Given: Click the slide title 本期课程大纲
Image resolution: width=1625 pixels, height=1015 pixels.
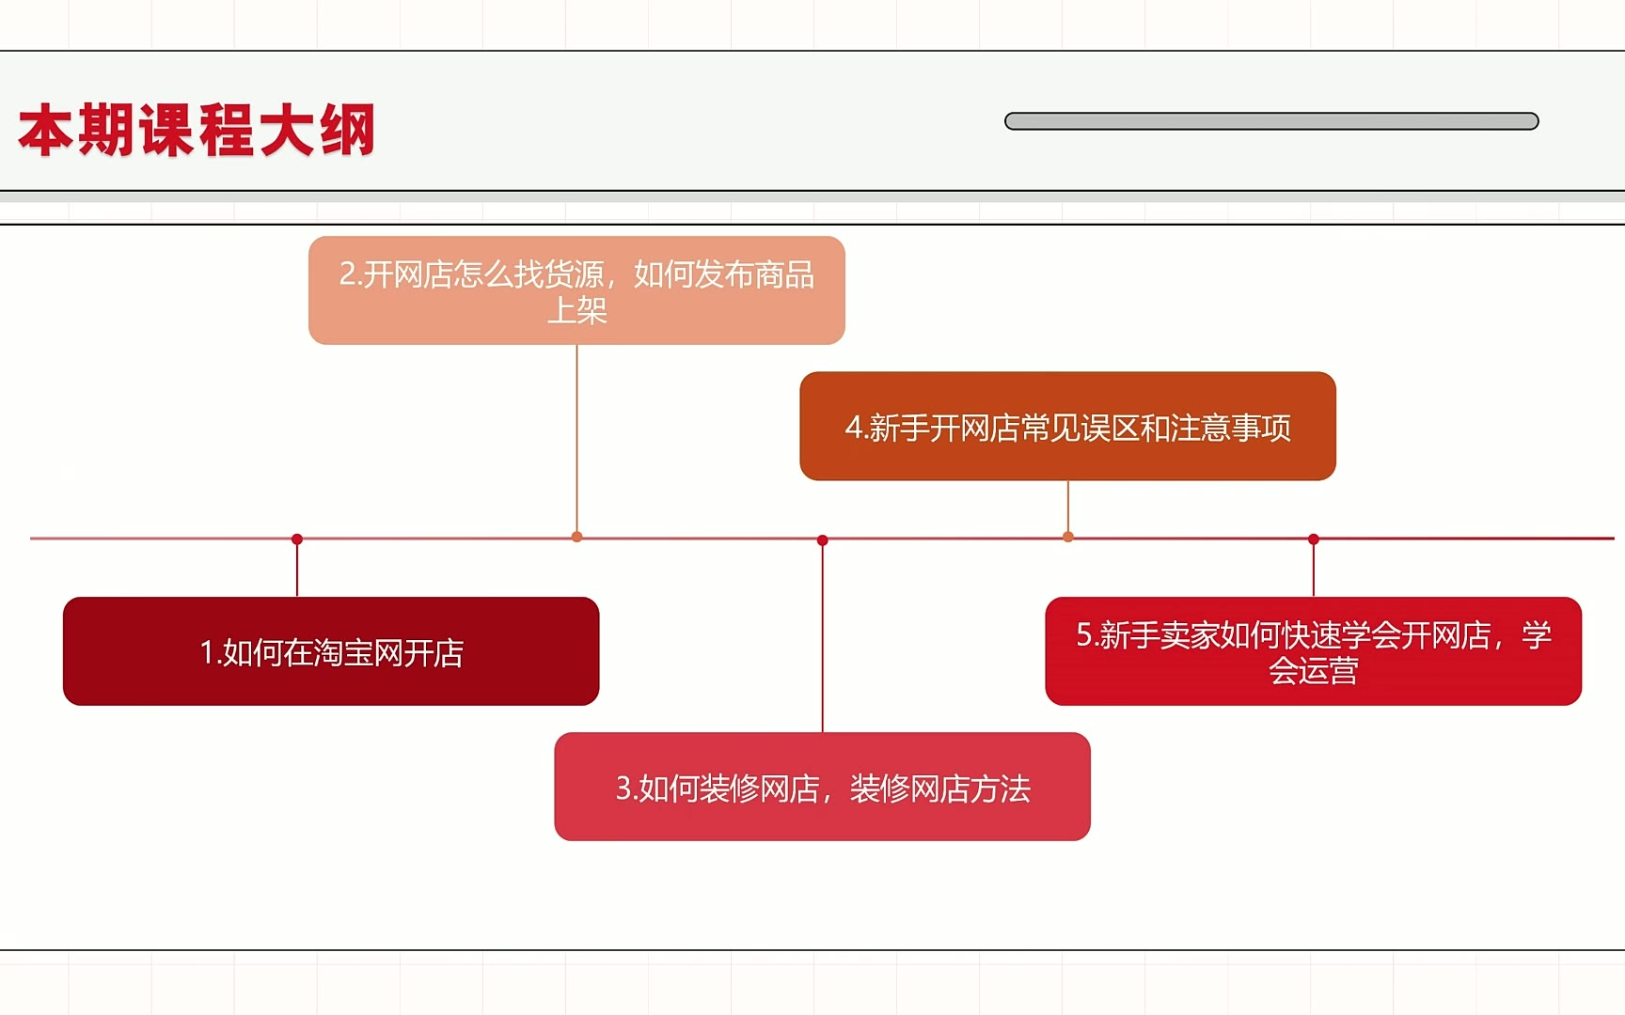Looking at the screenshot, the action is click(x=197, y=130).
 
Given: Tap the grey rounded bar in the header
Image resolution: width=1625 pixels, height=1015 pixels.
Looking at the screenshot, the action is click(x=1271, y=121).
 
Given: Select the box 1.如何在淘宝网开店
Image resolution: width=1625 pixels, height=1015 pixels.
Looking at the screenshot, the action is click(x=331, y=651).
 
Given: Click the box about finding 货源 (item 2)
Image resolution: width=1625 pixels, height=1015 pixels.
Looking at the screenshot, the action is click(x=576, y=290).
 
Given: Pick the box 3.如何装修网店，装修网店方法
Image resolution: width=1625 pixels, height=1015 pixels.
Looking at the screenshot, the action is click(x=823, y=787).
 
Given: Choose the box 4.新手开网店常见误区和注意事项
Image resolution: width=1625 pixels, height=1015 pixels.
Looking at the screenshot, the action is click(x=1067, y=426).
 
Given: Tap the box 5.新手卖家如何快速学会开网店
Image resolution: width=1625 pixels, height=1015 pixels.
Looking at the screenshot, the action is click(x=1314, y=651).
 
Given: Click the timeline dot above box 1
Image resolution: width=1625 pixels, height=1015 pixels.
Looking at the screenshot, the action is click(x=297, y=539).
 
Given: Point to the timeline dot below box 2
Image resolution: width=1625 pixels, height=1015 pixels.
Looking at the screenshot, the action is click(x=576, y=537).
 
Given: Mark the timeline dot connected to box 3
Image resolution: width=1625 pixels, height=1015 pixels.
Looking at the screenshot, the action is click(x=823, y=539).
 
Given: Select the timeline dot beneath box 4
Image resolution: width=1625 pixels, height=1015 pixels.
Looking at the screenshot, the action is click(x=1068, y=537).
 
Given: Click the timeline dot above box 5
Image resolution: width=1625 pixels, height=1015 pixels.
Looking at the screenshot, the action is click(x=1314, y=539).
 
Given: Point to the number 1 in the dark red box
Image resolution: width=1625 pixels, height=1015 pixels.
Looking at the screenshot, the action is click(x=206, y=652).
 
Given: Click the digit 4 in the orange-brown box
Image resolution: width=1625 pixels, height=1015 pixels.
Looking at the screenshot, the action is click(x=853, y=428).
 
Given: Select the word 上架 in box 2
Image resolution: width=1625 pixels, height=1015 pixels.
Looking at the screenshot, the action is click(x=577, y=310).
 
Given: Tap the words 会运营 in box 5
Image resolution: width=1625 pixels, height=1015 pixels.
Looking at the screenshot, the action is click(x=1314, y=671).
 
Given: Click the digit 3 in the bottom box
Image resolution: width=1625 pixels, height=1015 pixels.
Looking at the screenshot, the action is click(x=623, y=788).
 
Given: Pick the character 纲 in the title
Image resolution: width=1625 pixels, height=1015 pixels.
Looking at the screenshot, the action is click(x=347, y=130).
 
